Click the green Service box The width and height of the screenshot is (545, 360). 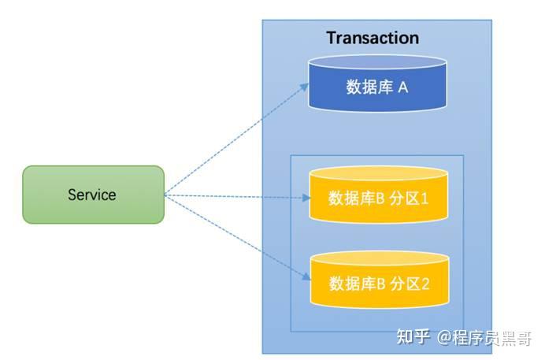[x=93, y=195]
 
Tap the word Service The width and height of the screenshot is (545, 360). [x=92, y=195]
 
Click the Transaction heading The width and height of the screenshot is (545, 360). [x=373, y=38]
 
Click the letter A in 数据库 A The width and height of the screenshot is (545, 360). [x=402, y=87]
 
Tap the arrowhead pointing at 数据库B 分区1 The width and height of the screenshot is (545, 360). [x=308, y=198]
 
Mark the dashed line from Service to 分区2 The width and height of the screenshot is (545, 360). [x=236, y=237]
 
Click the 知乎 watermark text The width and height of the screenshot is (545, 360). [x=413, y=337]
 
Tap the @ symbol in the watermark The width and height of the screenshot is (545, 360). [x=446, y=338]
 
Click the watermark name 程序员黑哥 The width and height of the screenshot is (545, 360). [x=493, y=338]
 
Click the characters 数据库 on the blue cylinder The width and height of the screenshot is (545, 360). [x=369, y=87]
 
